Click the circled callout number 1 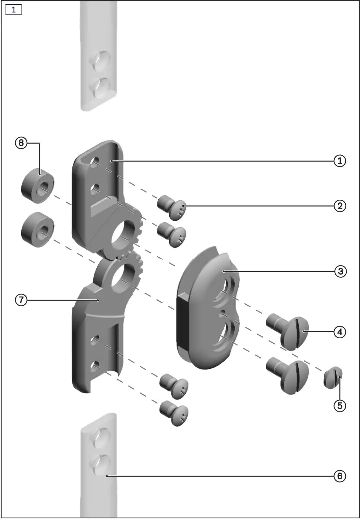(x=340, y=161)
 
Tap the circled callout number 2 (x=340, y=206)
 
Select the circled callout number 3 (x=340, y=271)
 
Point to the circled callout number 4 (x=340, y=331)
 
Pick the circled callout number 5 (x=340, y=405)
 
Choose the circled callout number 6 (x=340, y=476)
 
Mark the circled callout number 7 (x=21, y=300)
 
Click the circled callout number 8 (x=21, y=143)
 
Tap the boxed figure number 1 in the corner (x=14, y=10)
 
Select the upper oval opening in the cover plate (x=225, y=291)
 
